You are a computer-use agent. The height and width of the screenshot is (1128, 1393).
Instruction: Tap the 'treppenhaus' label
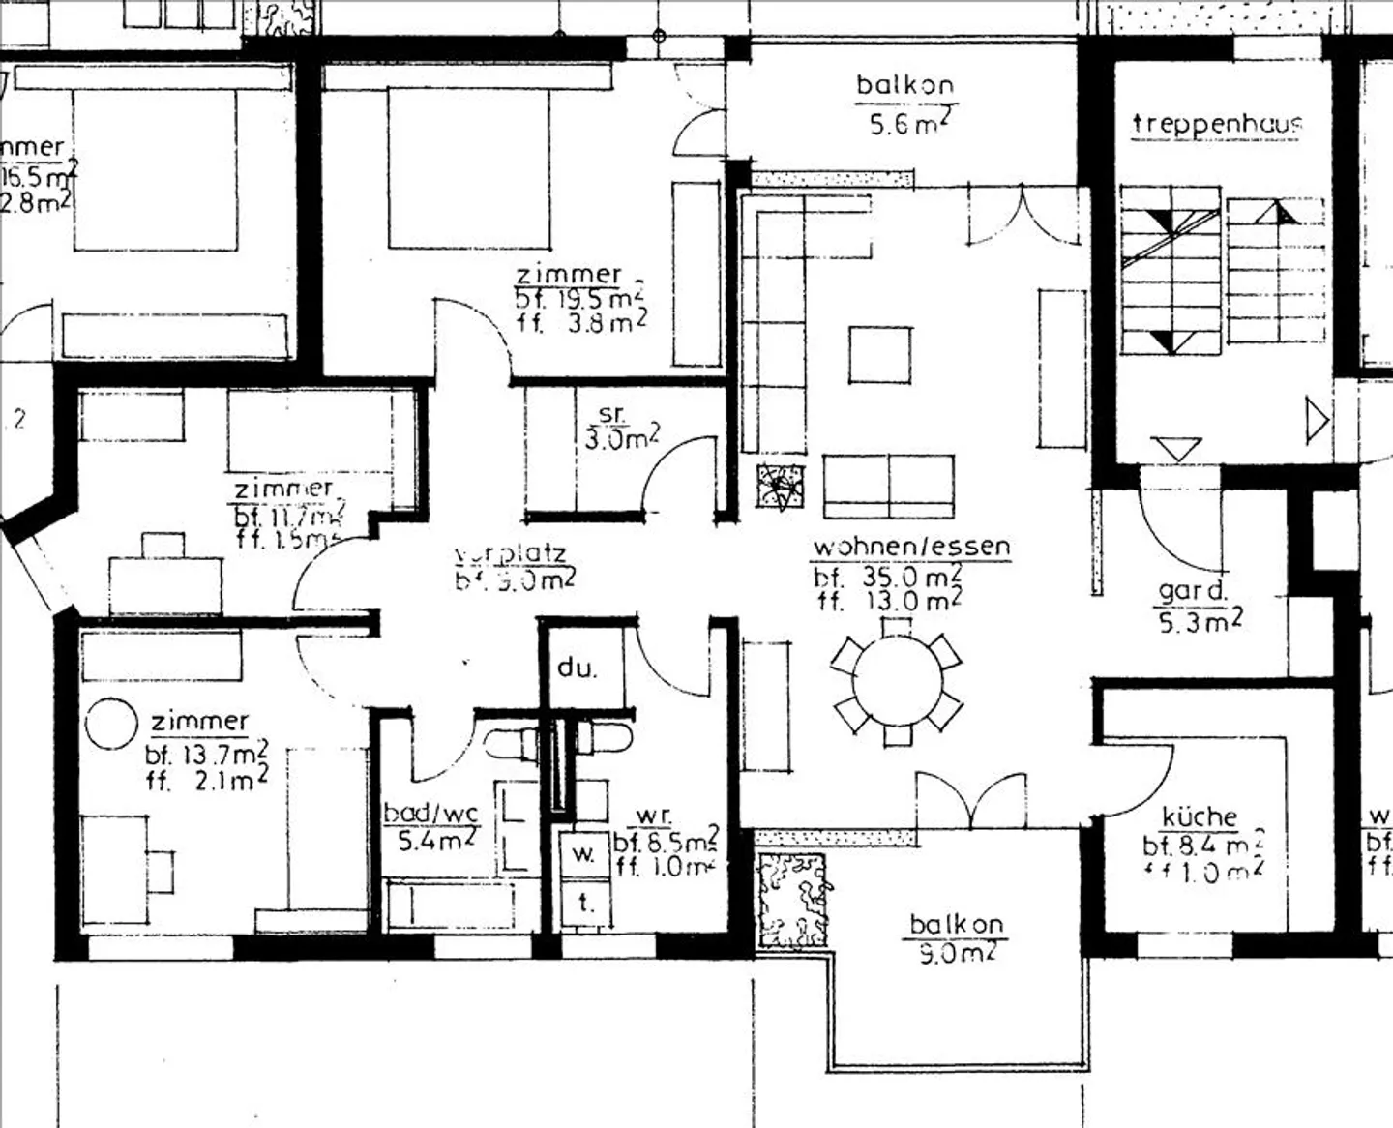coord(1217,124)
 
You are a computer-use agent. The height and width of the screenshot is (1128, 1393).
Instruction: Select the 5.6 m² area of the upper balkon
coord(904,123)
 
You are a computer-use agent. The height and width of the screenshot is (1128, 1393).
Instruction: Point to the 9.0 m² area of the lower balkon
coord(956,954)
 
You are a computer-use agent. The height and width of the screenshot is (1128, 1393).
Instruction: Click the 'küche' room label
coord(1200,817)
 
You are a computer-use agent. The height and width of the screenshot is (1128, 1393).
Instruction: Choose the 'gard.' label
coord(1193,591)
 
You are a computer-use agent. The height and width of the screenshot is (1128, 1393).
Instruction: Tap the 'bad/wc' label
coord(431,813)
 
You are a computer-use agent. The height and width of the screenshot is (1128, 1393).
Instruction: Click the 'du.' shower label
coord(577,668)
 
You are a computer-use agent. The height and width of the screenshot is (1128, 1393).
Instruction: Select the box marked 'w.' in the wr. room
coord(583,854)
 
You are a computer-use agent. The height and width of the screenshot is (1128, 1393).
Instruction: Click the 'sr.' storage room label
coord(612,414)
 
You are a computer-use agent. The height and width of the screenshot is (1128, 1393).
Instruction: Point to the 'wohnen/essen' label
coord(911,547)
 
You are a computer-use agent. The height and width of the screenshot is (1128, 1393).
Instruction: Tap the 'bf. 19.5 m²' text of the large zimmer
coord(578,299)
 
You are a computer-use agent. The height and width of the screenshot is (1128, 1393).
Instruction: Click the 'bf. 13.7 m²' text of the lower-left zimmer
coord(207,754)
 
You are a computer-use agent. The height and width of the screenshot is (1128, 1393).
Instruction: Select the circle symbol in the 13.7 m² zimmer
coord(111,725)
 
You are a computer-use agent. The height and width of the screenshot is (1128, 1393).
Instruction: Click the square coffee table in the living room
coord(879,355)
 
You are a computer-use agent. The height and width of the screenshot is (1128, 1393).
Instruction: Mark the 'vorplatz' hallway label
coord(510,554)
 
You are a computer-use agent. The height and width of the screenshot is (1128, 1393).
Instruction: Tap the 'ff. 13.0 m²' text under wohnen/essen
coord(887,601)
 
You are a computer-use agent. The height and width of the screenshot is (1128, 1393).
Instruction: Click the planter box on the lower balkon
coord(793,900)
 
